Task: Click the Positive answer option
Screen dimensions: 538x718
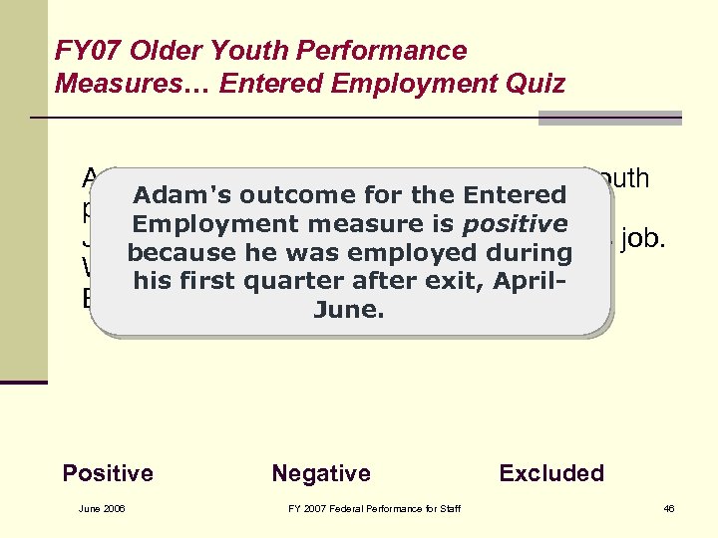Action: point(108,473)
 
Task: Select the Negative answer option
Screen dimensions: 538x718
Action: point(320,473)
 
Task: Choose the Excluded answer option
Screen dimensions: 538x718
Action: point(551,473)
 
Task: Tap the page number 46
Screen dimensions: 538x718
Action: point(669,510)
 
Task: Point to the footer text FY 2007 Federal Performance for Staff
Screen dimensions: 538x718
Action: point(374,510)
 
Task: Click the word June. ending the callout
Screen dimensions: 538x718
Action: point(349,310)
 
